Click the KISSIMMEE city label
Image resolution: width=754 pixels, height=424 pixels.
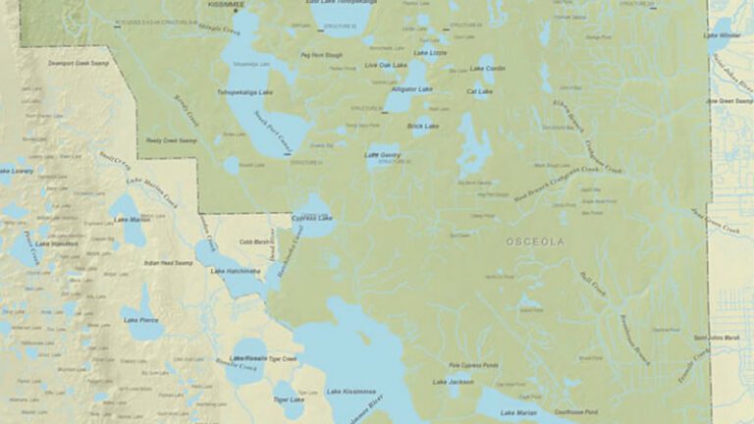coord(225,4)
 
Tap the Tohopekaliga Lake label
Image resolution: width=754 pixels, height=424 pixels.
coord(242,92)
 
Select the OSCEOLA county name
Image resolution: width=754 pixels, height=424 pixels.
coord(535,241)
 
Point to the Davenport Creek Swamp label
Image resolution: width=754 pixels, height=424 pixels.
coord(80,63)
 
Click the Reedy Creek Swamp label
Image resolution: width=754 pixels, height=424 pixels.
coord(171,140)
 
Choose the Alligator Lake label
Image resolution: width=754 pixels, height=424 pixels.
coord(411,89)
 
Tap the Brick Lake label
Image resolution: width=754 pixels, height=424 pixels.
coord(423,126)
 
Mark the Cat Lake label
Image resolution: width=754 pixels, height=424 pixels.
coord(479,91)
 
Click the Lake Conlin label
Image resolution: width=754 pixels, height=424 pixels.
coord(487,69)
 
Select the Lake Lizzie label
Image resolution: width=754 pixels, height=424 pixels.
coord(430,52)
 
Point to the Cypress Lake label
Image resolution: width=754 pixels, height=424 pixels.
coord(312,217)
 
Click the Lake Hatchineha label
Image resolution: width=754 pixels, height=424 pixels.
coord(236,271)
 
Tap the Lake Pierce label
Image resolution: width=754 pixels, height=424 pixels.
coord(139,320)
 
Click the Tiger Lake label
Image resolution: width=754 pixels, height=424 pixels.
coord(289,398)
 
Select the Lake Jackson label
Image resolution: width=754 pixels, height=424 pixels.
coord(453,382)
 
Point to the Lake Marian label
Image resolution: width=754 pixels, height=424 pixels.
coord(518,412)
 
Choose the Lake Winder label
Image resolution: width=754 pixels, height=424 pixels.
coord(723,35)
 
